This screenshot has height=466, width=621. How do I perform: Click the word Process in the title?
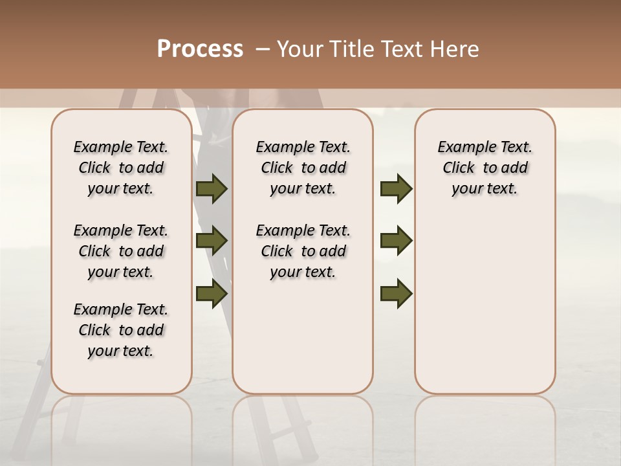click(200, 49)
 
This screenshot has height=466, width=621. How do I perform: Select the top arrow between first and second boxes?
click(212, 188)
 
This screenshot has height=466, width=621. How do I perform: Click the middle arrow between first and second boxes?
click(212, 241)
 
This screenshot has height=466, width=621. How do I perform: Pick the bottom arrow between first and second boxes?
click(212, 293)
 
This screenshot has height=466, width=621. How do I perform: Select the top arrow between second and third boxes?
click(396, 188)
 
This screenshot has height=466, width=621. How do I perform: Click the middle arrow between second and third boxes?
click(396, 241)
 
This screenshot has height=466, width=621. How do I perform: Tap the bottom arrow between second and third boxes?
click(396, 293)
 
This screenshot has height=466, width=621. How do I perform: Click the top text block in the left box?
click(121, 168)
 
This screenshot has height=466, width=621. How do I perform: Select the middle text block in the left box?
click(121, 251)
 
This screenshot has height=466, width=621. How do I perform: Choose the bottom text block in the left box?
click(121, 330)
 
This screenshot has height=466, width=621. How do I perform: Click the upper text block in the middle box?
click(303, 168)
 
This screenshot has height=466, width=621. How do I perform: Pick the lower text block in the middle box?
click(303, 251)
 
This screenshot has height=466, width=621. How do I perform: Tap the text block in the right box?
click(485, 168)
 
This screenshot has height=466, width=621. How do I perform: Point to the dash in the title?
click(262, 49)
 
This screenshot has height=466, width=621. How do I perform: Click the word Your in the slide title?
click(300, 49)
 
